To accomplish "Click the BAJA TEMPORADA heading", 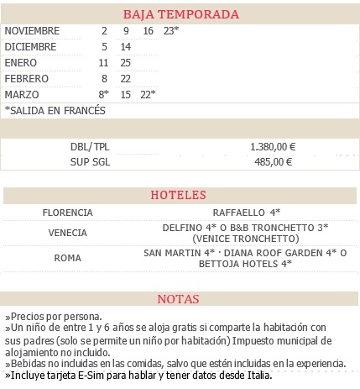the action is (180, 15).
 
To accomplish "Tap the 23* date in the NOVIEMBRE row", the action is (171, 31).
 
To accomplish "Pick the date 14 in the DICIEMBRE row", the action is (126, 47).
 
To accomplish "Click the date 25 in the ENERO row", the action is (126, 63).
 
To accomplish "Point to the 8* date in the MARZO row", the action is (104, 94).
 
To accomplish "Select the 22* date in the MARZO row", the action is (148, 94).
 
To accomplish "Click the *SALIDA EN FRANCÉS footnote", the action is (55, 110).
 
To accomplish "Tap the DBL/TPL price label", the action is (90, 146).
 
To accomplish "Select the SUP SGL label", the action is (91, 161).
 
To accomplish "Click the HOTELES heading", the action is (178, 196).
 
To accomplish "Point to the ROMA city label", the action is (67, 258).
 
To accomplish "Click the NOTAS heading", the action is (179, 299).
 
